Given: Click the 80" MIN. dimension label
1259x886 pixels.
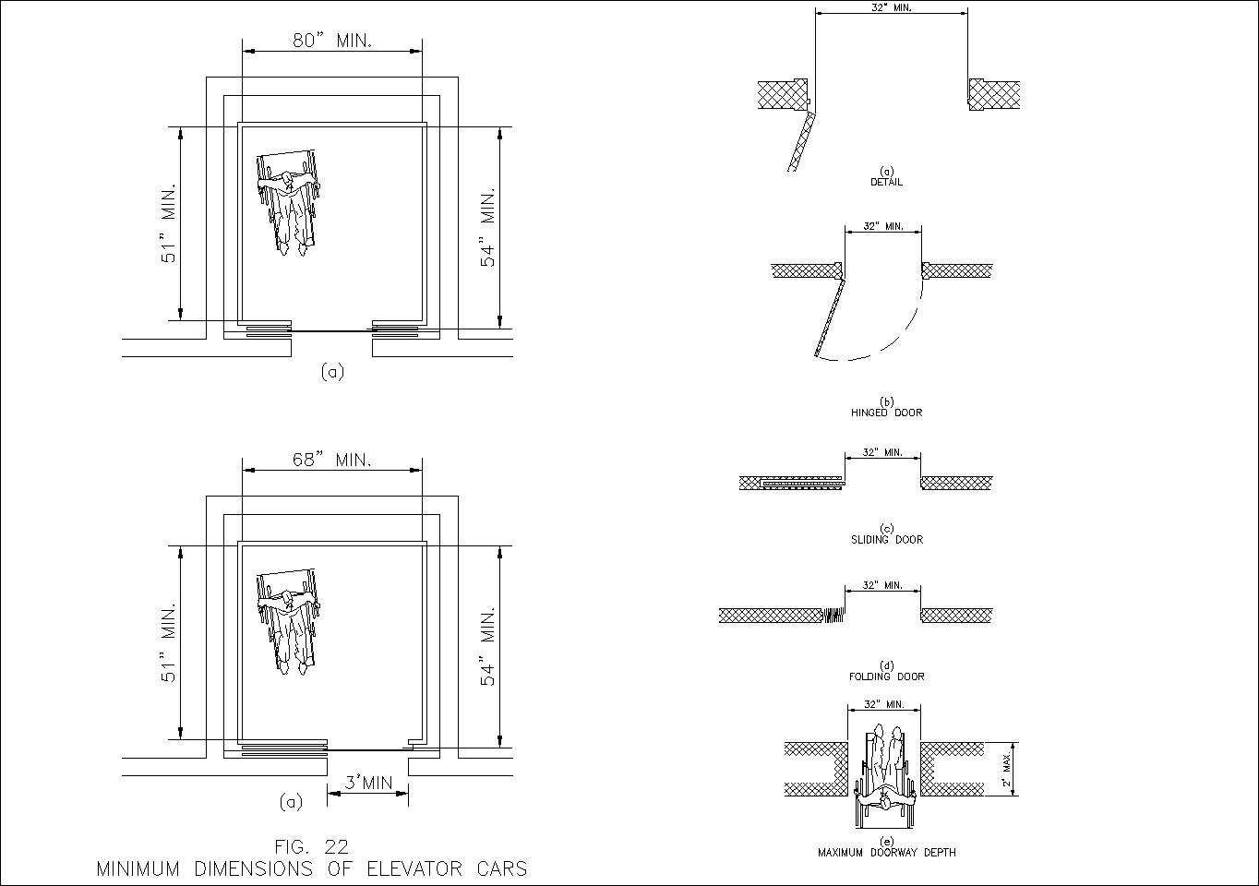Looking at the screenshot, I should pos(332,41).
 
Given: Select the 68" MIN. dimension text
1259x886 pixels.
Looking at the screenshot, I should pos(332,460).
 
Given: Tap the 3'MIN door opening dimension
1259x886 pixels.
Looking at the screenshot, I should pos(368,784).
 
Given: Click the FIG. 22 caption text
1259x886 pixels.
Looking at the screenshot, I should pos(311,846).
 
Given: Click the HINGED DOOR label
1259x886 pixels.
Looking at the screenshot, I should pos(886,413).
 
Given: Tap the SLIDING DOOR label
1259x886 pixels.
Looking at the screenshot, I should pos(886,540).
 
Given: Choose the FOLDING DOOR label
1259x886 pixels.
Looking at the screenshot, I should pos(886,676).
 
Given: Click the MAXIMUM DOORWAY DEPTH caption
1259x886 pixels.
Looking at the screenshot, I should pos(886,853).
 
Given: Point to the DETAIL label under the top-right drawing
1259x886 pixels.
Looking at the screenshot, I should pos(886,182).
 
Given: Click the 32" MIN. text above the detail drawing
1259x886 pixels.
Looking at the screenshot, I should pos(892,7).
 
